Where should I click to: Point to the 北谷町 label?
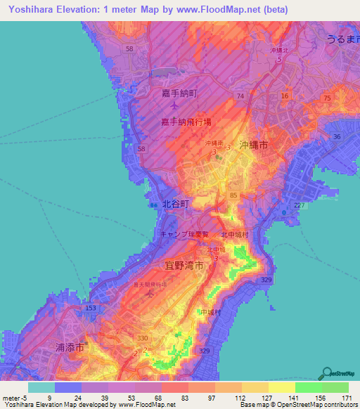click(x=176, y=204)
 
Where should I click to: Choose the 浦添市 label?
click(x=70, y=347)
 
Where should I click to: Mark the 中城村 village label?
click(x=210, y=312)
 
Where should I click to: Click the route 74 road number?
click(x=241, y=96)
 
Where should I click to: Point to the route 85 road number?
click(x=233, y=195)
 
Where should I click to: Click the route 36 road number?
click(x=337, y=137)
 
